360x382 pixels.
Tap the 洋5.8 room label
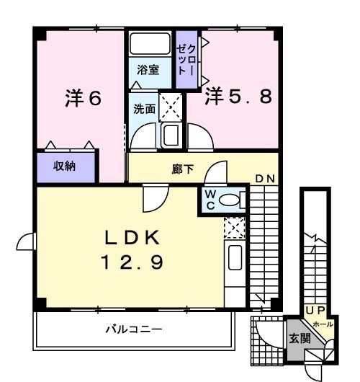point(238,96)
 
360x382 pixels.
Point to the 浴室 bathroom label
point(150,71)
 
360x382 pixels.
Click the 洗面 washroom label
point(144,109)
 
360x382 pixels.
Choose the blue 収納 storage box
point(66,166)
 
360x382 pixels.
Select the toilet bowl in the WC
point(230,200)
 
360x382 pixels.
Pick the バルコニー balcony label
point(133,329)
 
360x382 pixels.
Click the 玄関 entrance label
point(300,337)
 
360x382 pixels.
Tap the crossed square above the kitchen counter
point(233,227)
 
